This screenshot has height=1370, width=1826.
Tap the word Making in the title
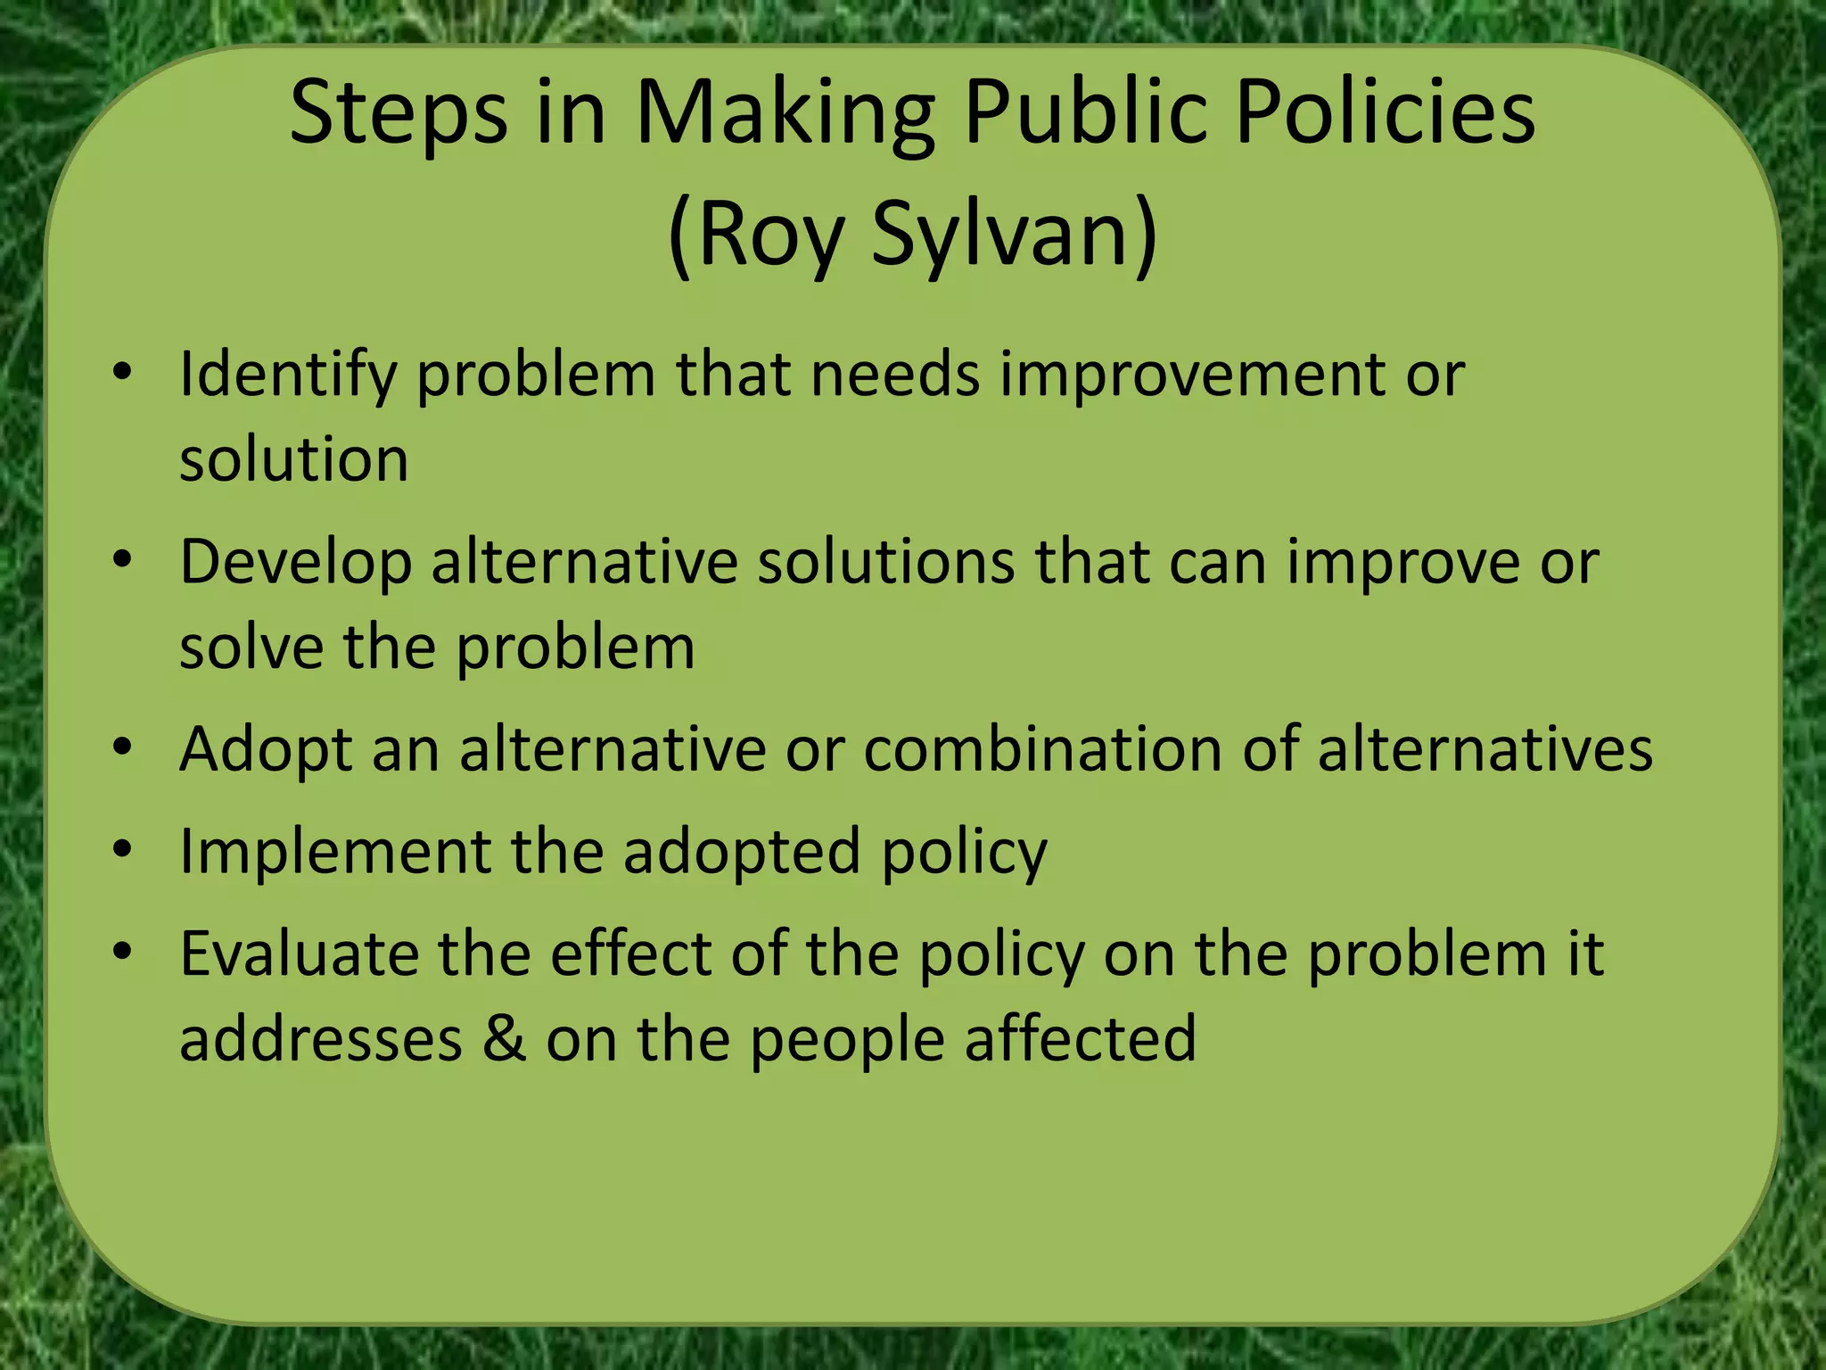click(x=785, y=114)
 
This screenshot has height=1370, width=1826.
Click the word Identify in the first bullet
click(x=287, y=375)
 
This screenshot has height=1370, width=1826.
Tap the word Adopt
click(x=265, y=750)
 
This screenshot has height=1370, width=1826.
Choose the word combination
click(x=1043, y=749)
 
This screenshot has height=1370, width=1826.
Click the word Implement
click(x=334, y=853)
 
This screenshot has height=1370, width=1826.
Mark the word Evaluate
click(x=299, y=954)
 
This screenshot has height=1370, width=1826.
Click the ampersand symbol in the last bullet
click(x=505, y=1039)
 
